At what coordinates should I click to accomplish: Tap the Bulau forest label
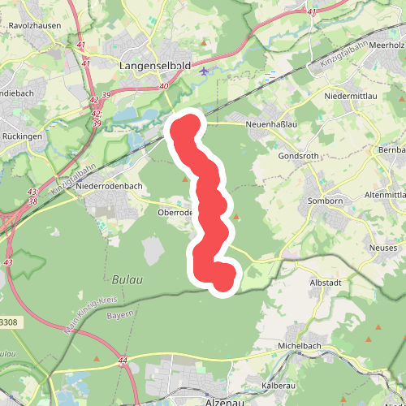pyautogui.click(x=127, y=279)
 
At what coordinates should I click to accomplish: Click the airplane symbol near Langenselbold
pyautogui.click(x=203, y=71)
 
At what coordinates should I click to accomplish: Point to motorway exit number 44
pyautogui.click(x=123, y=359)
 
